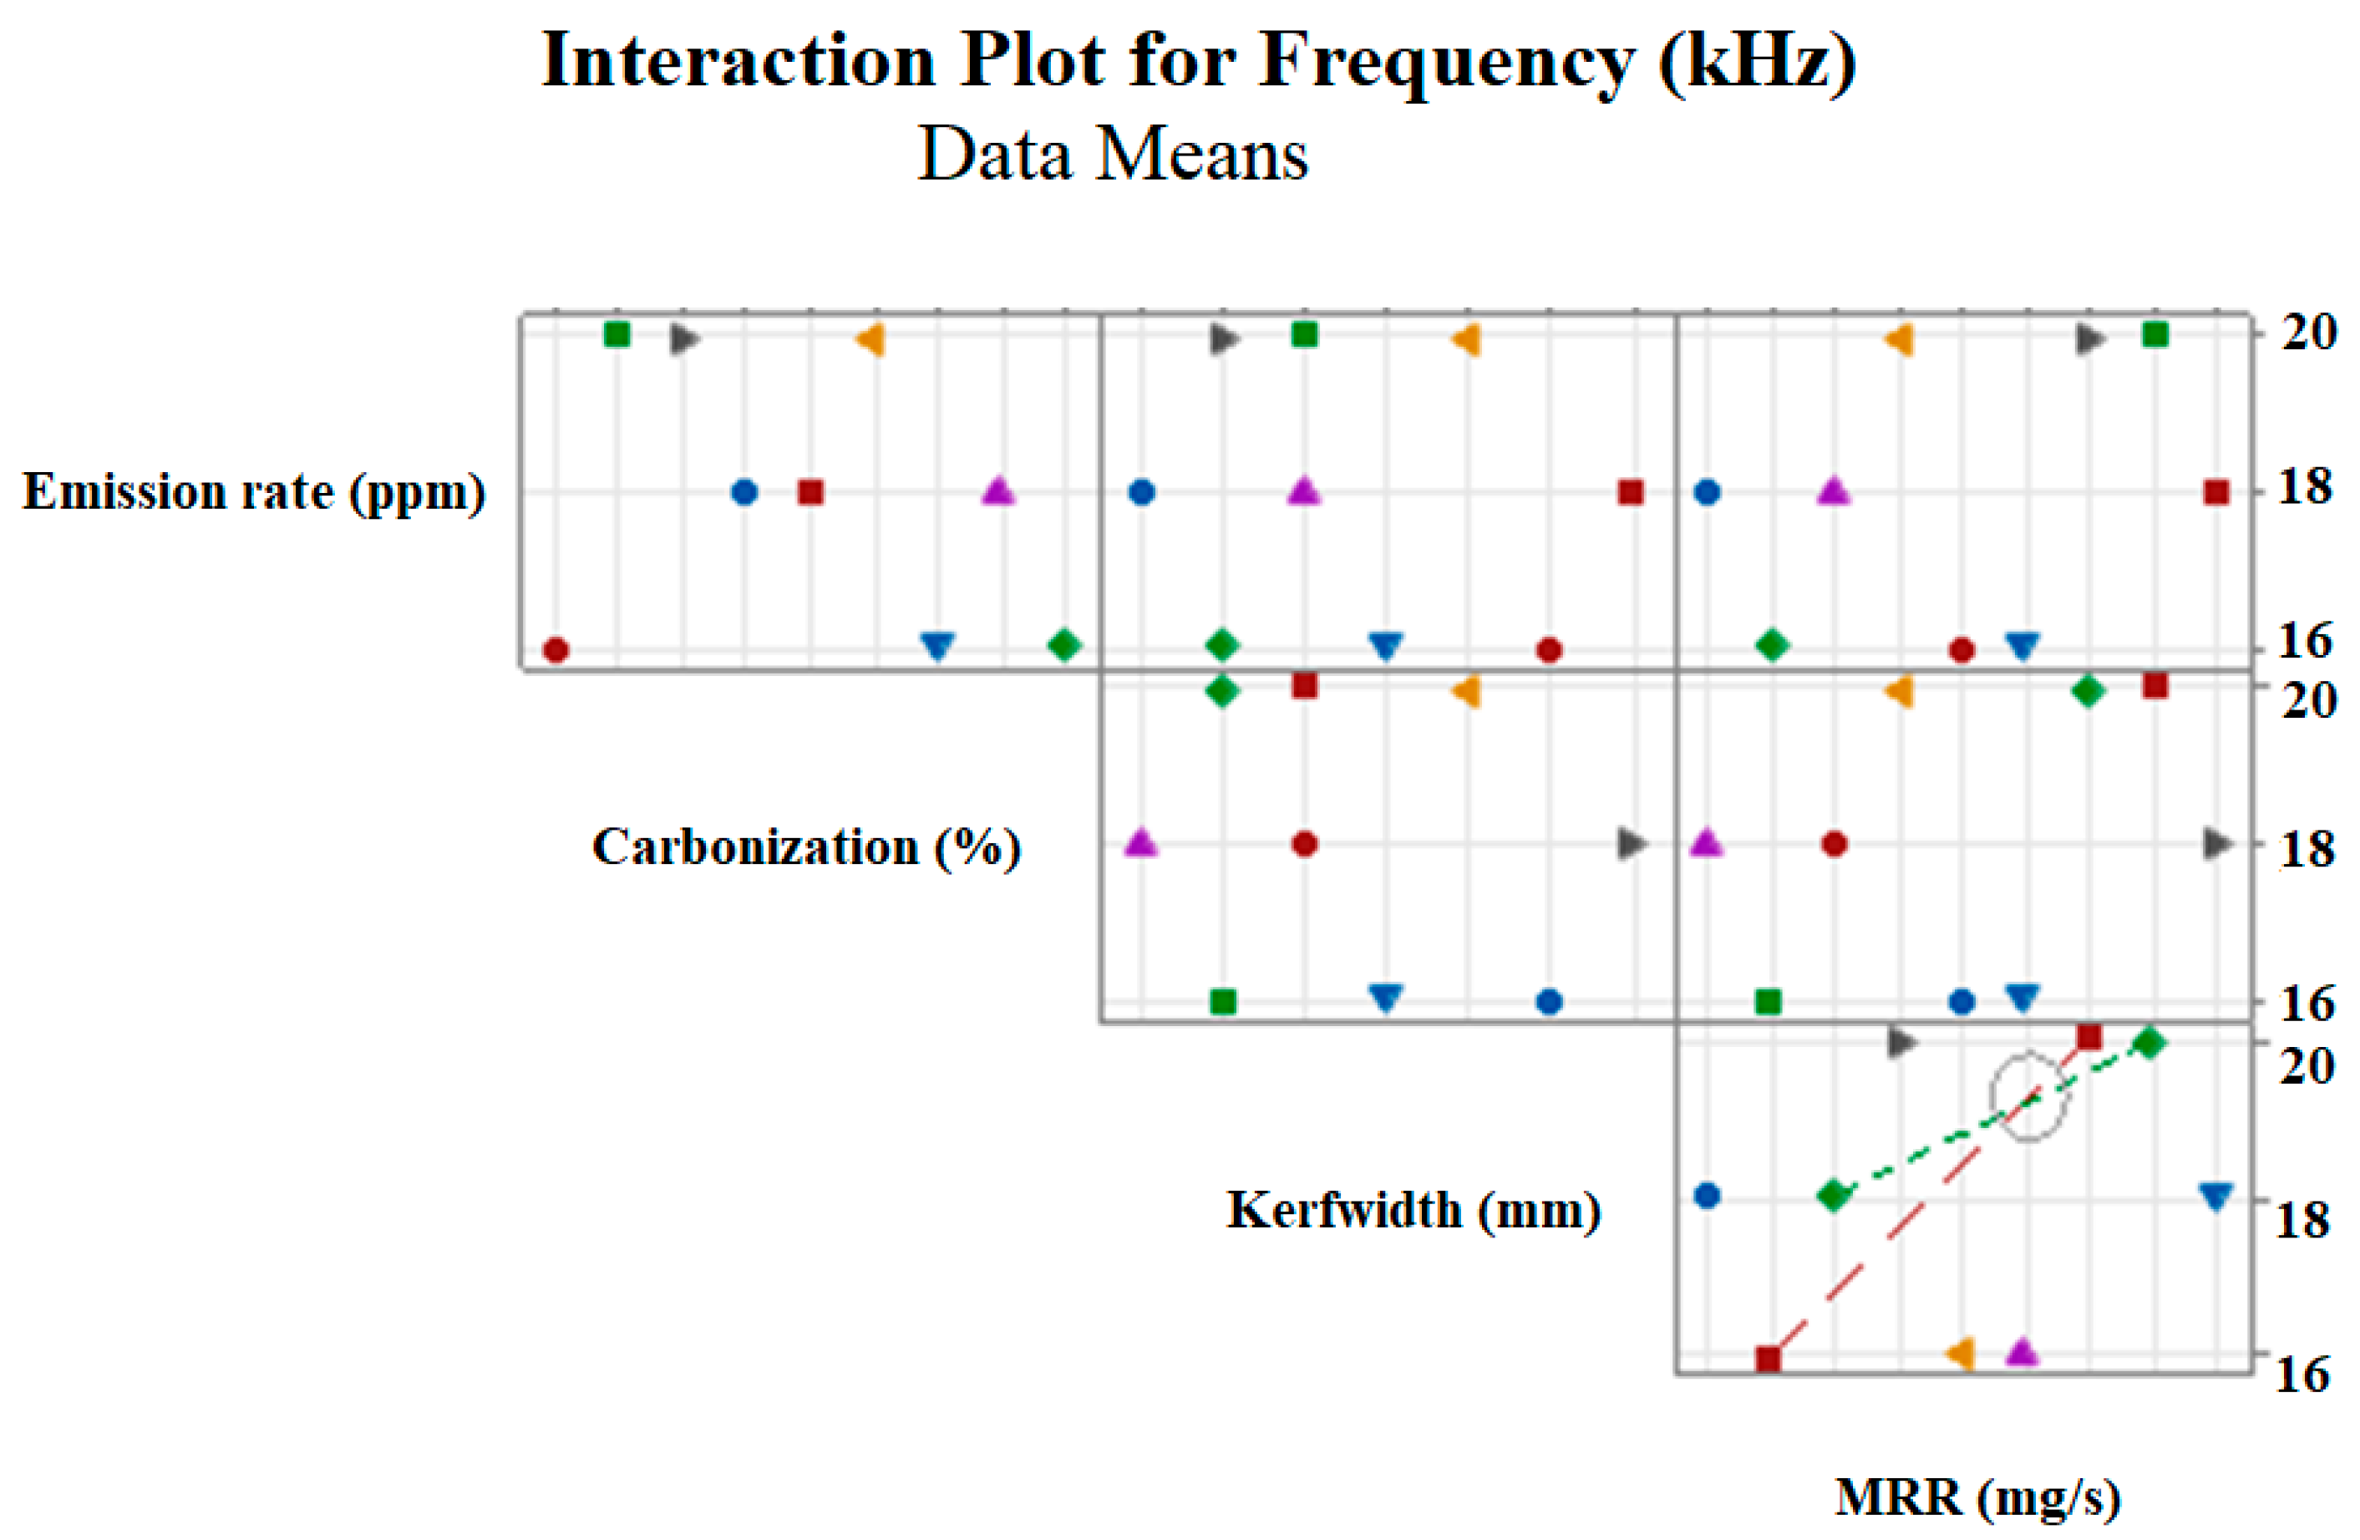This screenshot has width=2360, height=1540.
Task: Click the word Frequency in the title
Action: tap(1447, 62)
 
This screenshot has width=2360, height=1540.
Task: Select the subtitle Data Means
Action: tap(1113, 155)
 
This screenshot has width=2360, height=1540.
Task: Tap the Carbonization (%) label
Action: tap(806, 846)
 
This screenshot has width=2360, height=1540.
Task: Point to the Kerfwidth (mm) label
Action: tap(1413, 1210)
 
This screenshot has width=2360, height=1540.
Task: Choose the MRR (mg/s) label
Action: tap(1977, 1497)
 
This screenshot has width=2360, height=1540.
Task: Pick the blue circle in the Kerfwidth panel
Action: tap(1707, 1196)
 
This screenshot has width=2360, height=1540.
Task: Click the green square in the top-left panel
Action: tap(617, 334)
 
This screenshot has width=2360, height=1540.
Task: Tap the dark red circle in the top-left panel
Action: tap(556, 650)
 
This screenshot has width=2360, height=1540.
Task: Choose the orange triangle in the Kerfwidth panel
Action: tap(1961, 1353)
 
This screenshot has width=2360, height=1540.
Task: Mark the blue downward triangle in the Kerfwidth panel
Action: tap(2215, 1196)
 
